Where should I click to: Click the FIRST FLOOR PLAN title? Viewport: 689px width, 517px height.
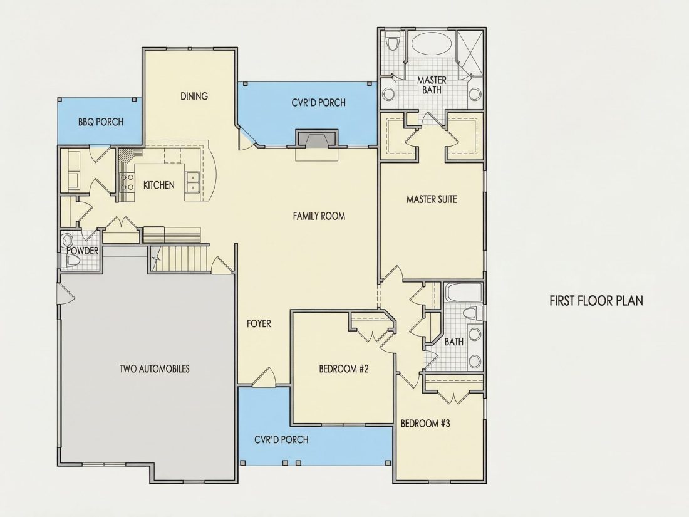(x=596, y=301)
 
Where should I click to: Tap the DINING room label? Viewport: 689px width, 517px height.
(x=194, y=96)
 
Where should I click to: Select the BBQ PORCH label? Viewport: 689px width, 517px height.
(x=101, y=122)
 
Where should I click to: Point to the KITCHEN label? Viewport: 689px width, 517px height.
(x=158, y=185)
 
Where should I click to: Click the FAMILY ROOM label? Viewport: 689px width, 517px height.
(x=319, y=216)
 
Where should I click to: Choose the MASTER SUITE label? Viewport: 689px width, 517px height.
(x=432, y=199)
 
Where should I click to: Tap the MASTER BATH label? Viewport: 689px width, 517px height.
(x=432, y=85)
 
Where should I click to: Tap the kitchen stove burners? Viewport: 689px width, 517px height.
(x=127, y=182)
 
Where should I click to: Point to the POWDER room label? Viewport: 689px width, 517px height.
(x=82, y=251)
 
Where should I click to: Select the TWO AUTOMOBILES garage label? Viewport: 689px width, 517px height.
(x=154, y=368)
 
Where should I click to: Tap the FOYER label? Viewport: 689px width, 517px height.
(x=259, y=323)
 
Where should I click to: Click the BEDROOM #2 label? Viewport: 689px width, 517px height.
(x=344, y=368)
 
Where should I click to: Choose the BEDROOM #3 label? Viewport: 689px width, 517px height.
(x=425, y=424)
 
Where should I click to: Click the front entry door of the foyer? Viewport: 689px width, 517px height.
(x=264, y=377)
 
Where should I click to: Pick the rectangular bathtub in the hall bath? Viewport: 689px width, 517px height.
(x=464, y=293)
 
